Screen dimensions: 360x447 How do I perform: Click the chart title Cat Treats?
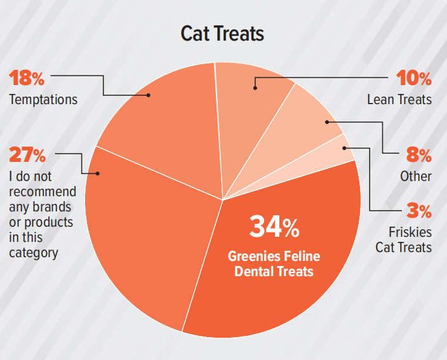tap(222, 34)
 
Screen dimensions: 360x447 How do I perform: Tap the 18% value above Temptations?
tap(26, 79)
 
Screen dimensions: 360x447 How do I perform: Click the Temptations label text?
tap(43, 100)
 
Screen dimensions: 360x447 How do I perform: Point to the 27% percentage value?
tap(27, 154)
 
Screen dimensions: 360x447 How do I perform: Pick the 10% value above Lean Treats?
tap(414, 79)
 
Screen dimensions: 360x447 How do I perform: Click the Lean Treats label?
tap(399, 100)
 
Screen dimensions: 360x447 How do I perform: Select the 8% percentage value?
tap(418, 155)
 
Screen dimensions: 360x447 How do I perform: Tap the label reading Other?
tap(416, 176)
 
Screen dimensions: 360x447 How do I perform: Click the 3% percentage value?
tap(418, 210)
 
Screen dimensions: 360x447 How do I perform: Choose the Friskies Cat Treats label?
tap(403, 239)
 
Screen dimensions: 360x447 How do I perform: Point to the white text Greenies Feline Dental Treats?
tap(274, 263)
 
